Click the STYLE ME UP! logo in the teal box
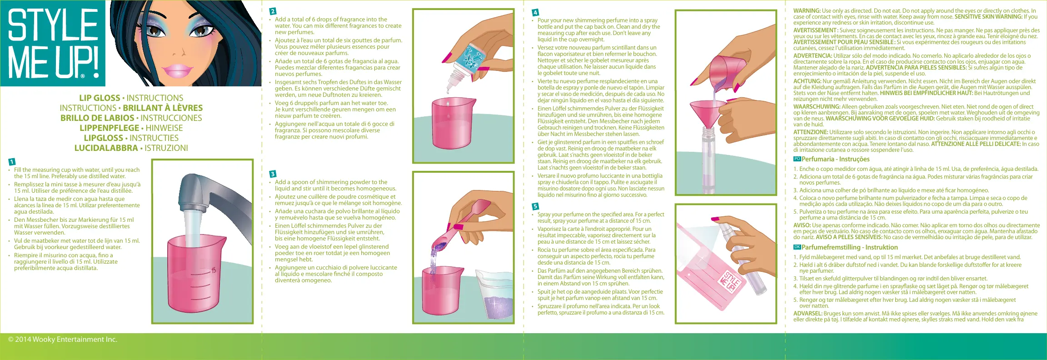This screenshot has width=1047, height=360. tap(53, 43)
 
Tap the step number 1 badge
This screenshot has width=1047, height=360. tap(12, 162)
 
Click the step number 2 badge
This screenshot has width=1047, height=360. tap(273, 11)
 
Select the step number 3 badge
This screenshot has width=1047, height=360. tap(273, 174)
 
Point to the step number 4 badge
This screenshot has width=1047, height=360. tap(535, 12)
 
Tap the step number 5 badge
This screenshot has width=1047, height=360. tap(535, 206)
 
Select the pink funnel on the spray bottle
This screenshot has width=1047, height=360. tap(705, 117)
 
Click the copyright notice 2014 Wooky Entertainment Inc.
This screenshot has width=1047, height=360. tap(63, 340)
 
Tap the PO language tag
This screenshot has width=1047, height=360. tap(797, 159)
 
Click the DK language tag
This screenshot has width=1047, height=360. tap(797, 247)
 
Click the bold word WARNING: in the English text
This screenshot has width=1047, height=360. tap(807, 11)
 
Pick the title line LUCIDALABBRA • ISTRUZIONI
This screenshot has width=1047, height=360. tap(131, 148)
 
